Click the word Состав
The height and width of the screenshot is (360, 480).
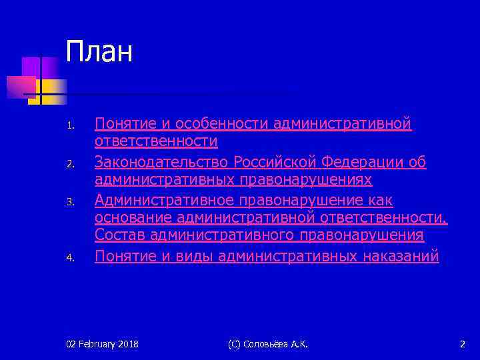[121, 235]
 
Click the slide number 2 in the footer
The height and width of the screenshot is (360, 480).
[463, 344]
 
